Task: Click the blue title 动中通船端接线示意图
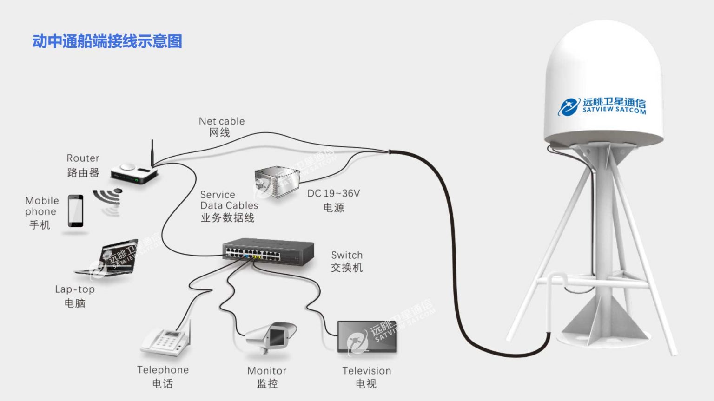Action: [107, 41]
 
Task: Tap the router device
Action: [134, 174]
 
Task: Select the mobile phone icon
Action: [76, 211]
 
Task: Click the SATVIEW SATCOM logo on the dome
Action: [602, 106]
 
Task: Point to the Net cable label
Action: [222, 121]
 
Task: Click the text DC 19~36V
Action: [333, 193]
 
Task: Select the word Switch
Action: [347, 255]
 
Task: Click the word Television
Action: [367, 371]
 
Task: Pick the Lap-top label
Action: [75, 289]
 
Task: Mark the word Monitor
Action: [267, 371]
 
